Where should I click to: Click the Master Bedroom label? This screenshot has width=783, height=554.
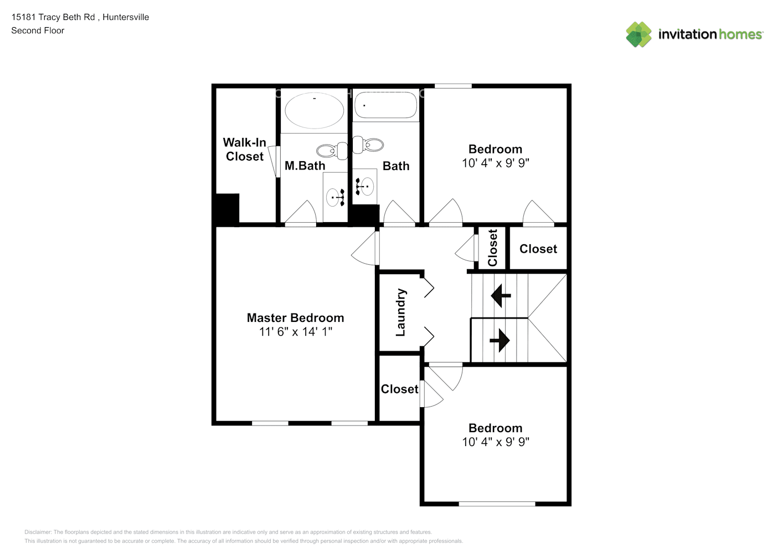coord(295,318)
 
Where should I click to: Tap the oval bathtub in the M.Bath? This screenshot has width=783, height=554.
coord(314,110)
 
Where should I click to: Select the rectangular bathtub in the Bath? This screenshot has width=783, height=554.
coord(385,105)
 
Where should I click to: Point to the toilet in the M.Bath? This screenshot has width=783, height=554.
coord(332,151)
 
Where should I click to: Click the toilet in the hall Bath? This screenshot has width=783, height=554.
coord(368,145)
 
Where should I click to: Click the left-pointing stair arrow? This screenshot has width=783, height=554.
coord(501,295)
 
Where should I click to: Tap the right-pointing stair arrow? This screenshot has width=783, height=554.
coord(499,340)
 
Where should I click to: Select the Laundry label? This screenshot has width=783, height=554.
coord(400,312)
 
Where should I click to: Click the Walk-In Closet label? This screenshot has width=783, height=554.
coord(245,150)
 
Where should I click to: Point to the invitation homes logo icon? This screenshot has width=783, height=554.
coord(638,34)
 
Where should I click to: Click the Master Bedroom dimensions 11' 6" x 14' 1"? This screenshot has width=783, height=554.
coord(295,331)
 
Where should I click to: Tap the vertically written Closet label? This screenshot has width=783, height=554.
coord(492,248)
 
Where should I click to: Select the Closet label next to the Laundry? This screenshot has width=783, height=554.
coord(400,389)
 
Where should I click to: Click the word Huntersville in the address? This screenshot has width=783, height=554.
coord(126,17)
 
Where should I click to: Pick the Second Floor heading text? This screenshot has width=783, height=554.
coord(38,30)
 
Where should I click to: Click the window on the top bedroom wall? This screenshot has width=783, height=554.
coord(453,86)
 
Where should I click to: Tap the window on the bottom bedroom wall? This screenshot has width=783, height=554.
coord(497,504)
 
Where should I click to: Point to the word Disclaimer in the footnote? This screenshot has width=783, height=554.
coord(38,532)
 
